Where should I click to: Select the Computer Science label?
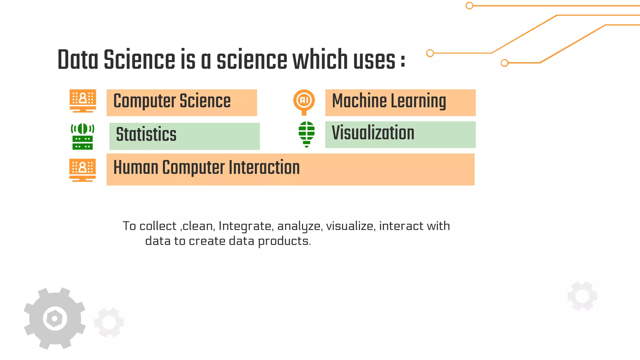pyautogui.click(x=172, y=101)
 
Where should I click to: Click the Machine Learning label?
pyautogui.click(x=389, y=101)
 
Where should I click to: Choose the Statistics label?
pyautogui.click(x=146, y=134)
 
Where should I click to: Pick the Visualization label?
pyautogui.click(x=373, y=133)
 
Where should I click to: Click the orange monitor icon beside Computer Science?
pyautogui.click(x=83, y=101)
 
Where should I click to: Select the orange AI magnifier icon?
pyautogui.click(x=304, y=102)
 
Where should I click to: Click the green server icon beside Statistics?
pyautogui.click(x=82, y=137)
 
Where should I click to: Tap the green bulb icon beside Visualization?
pyautogui.click(x=307, y=134)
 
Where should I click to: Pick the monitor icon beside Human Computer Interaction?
pyautogui.click(x=82, y=170)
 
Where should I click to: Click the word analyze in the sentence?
pyautogui.click(x=299, y=226)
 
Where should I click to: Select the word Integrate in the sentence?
pyautogui.click(x=245, y=226)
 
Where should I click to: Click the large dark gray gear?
pyautogui.click(x=55, y=318)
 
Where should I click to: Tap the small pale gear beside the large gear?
pyautogui.click(x=109, y=322)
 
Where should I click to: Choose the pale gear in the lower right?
pyautogui.click(x=582, y=296)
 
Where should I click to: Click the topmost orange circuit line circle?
pyautogui.click(x=469, y=6)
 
